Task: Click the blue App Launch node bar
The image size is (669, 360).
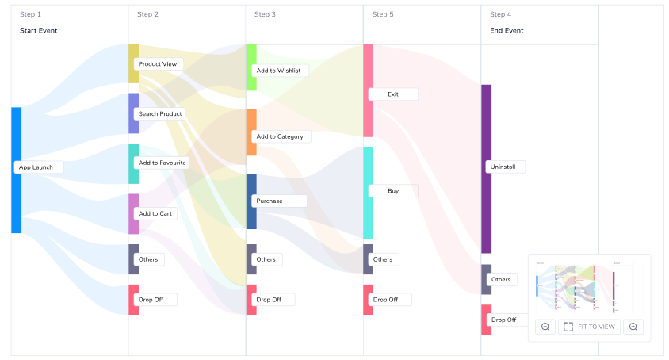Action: click(16, 170)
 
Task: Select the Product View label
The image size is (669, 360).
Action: click(158, 64)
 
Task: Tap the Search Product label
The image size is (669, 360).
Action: click(159, 113)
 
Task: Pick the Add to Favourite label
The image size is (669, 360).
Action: click(162, 163)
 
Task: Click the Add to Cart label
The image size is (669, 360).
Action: click(155, 213)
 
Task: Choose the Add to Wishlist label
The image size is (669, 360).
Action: click(278, 71)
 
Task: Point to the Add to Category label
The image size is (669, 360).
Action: click(281, 136)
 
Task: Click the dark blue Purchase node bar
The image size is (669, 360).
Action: click(251, 201)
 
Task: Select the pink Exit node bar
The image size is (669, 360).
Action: click(369, 90)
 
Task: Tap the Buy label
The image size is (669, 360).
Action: click(393, 191)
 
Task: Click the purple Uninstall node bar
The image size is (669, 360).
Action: click(487, 169)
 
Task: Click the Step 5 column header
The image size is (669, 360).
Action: click(383, 14)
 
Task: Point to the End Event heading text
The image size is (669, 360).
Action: click(507, 31)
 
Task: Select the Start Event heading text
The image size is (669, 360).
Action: click(38, 31)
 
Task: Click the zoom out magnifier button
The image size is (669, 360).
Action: click(545, 327)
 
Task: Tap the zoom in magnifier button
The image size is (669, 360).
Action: click(633, 327)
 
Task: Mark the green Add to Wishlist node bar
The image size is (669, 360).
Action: click(251, 67)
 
